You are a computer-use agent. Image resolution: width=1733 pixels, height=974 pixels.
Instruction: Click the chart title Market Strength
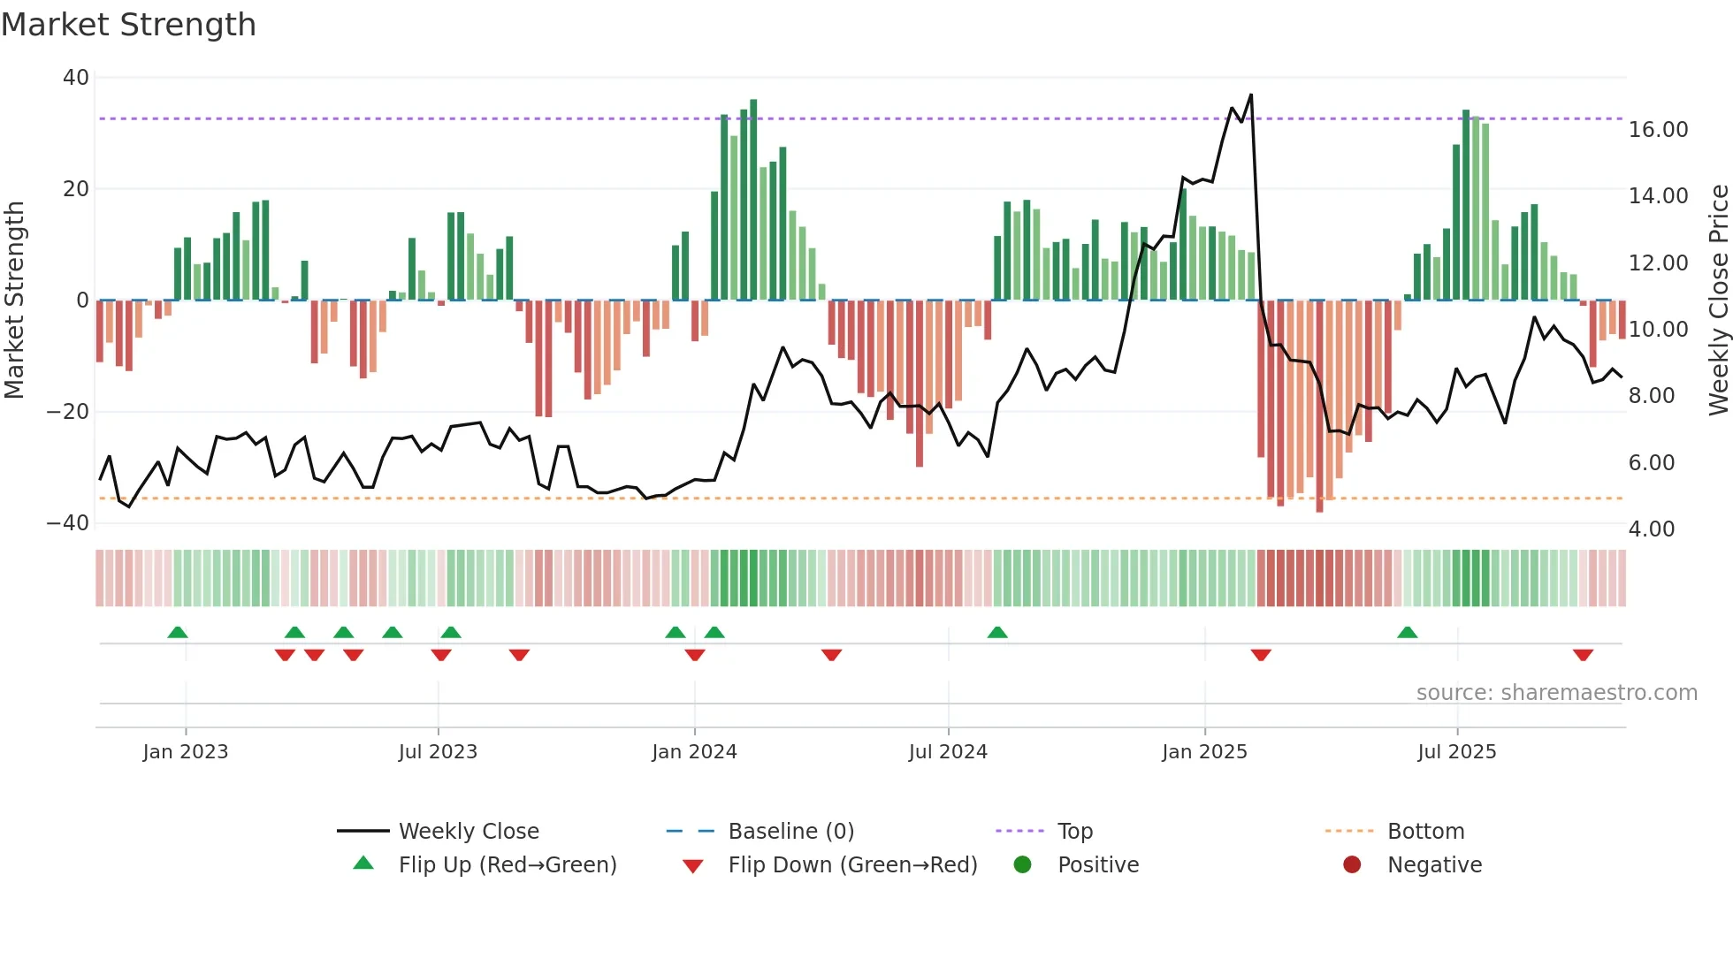point(128,25)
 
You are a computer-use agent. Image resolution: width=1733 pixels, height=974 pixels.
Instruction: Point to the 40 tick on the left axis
point(76,78)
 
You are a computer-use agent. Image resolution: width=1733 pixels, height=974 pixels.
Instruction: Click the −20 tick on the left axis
point(68,412)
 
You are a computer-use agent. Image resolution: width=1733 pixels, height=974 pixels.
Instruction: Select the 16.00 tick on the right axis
point(1658,130)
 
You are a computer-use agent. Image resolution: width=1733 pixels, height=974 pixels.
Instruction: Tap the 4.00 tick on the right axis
point(1651,529)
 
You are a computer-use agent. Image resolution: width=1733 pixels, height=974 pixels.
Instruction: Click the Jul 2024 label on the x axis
point(948,752)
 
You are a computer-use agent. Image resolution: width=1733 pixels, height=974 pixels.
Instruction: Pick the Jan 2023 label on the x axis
point(186,752)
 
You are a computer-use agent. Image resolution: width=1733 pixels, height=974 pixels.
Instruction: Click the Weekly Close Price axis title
point(1718,301)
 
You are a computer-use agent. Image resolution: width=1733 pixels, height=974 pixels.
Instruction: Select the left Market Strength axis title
point(15,301)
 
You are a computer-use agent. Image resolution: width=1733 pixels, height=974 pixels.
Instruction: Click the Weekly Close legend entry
point(468,832)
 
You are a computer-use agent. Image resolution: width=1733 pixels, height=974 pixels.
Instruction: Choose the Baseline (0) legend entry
point(790,832)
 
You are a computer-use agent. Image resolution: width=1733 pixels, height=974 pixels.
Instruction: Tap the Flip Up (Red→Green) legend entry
point(507,865)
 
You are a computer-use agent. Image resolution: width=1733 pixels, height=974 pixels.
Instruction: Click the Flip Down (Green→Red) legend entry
point(852,865)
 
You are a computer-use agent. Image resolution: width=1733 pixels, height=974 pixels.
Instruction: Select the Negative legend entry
point(1433,865)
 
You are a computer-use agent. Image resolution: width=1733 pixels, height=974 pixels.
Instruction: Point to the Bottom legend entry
point(1425,832)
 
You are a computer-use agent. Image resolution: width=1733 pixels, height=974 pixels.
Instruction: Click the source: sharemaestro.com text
point(1556,693)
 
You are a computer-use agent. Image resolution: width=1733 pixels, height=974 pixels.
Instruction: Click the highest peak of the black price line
point(1250,95)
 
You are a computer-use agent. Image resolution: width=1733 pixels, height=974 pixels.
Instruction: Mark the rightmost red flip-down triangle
point(1583,655)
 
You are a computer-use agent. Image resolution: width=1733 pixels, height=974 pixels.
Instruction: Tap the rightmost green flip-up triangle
point(1407,632)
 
